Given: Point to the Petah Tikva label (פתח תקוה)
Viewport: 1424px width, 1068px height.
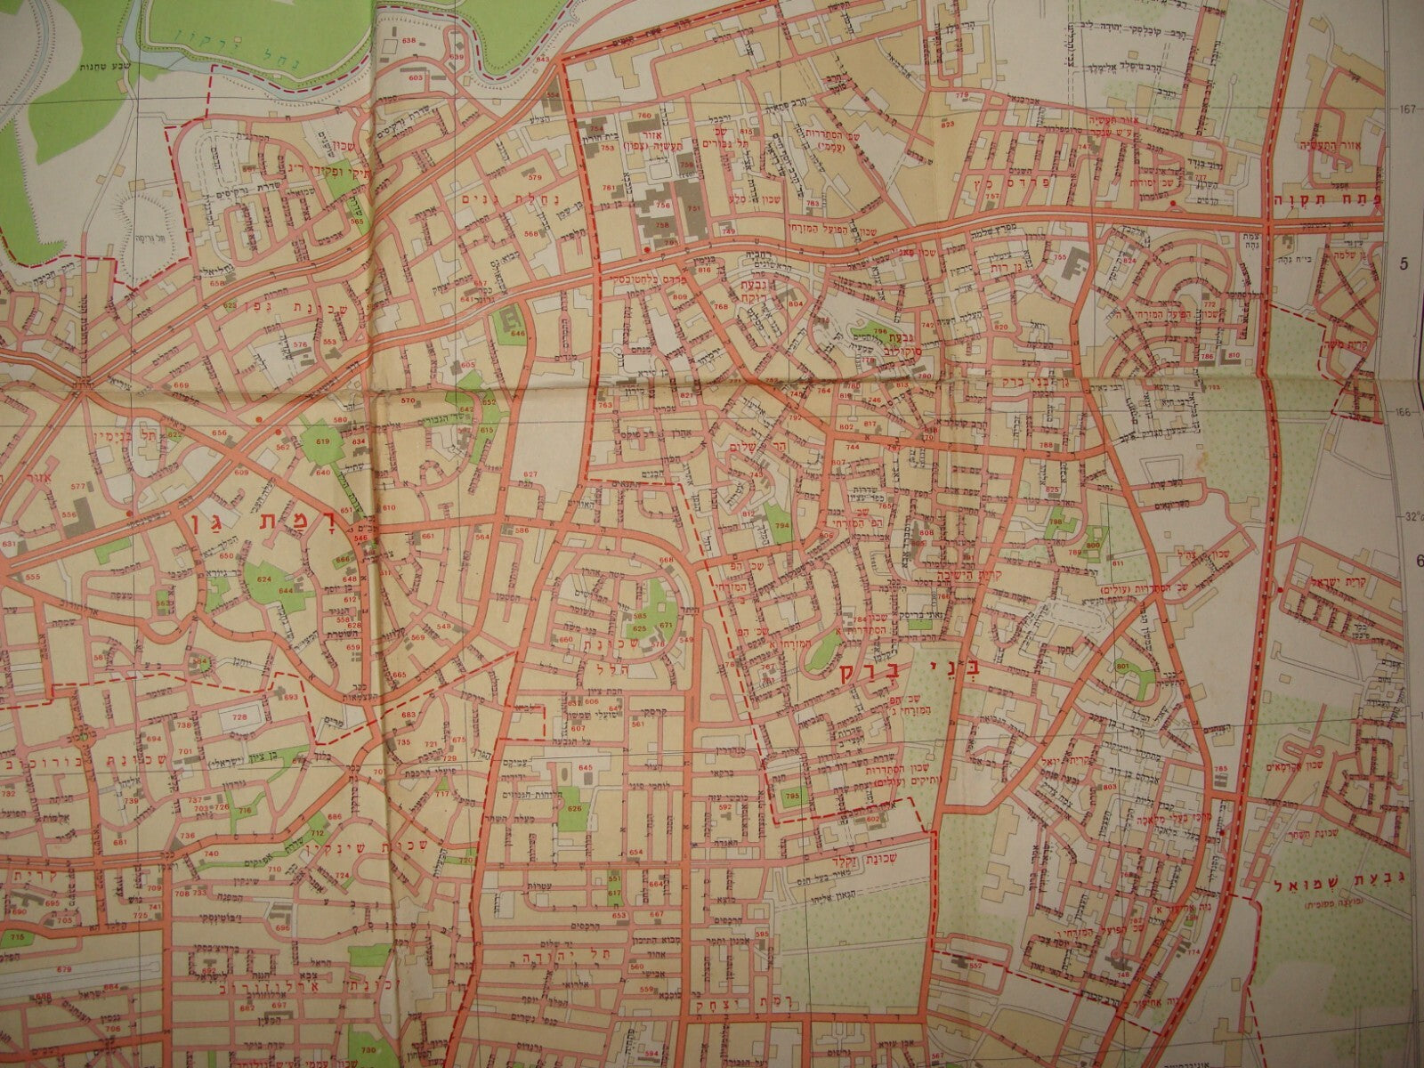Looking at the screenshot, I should tap(1335, 202).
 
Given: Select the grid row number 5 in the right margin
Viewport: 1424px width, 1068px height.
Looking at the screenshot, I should tap(1405, 263).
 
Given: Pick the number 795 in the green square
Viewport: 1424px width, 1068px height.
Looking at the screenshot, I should tap(792, 795).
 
